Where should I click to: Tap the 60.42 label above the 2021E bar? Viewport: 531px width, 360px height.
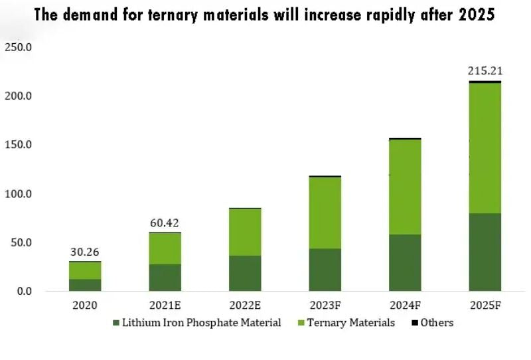[165, 223]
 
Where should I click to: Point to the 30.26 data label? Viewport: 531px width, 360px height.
[85, 252]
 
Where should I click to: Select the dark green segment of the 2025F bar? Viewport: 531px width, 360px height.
[485, 252]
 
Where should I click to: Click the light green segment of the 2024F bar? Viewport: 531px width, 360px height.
[405, 187]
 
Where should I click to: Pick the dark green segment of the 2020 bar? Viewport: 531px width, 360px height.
[85, 285]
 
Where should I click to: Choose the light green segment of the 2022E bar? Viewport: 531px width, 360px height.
[245, 232]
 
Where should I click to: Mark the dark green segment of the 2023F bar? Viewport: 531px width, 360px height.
[325, 270]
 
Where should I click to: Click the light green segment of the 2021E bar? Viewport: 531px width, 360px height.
[165, 248]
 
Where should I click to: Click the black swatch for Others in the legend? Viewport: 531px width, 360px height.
[414, 323]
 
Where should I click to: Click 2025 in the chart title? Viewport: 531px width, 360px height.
[476, 15]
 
